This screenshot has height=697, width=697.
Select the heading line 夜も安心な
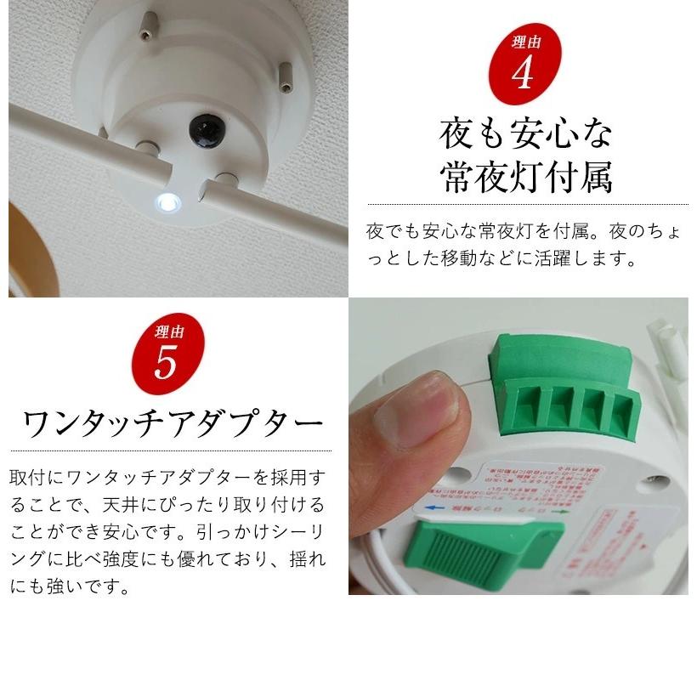pyautogui.click(x=526, y=133)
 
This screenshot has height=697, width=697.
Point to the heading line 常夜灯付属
pyautogui.click(x=526, y=178)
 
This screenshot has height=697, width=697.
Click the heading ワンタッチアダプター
pyautogui.click(x=173, y=422)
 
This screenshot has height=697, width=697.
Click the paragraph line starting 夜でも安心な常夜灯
pyautogui.click(x=524, y=230)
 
